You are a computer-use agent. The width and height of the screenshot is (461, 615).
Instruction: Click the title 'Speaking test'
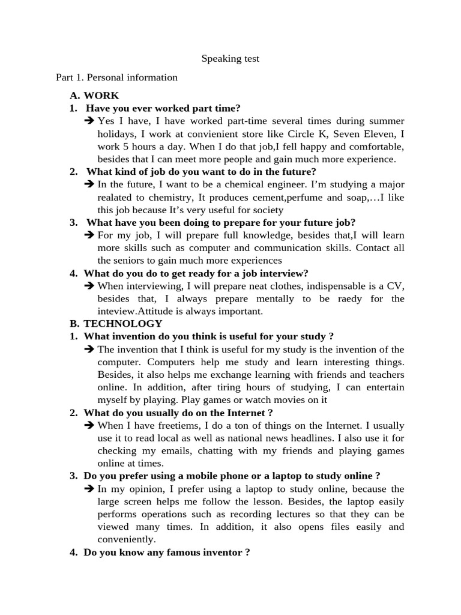230,59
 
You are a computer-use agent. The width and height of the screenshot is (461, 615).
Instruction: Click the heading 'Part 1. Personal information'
116,77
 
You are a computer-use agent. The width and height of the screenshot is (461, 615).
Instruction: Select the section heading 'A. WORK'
94,95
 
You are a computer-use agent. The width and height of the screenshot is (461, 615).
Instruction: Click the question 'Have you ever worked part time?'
163,108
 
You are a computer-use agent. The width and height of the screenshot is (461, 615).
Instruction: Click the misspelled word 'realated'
116,197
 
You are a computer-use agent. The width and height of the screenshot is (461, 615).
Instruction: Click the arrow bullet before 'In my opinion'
90,489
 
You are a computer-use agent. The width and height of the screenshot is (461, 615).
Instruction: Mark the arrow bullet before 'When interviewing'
90,286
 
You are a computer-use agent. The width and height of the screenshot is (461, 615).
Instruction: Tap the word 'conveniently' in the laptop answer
125,539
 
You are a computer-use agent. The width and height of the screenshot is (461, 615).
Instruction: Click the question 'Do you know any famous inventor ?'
167,553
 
